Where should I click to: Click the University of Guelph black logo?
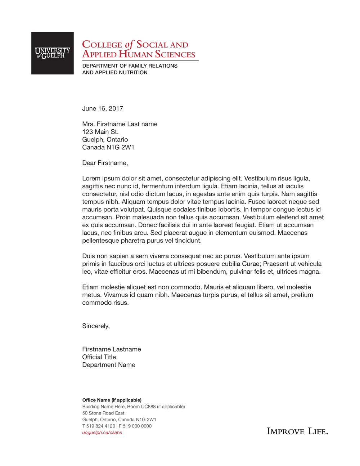pos(53,53)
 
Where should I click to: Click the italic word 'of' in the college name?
pos(129,45)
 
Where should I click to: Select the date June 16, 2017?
pos(103,108)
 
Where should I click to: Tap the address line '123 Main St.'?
pos(100,132)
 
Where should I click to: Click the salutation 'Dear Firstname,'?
pos(105,163)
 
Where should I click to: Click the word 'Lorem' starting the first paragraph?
pos(91,178)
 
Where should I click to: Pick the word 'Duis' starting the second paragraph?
pos(89,256)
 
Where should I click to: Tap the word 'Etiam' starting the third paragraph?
pos(90,287)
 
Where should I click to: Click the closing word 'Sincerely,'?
pos(96,326)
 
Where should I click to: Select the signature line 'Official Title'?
pos(99,357)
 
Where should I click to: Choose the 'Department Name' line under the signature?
pos(109,365)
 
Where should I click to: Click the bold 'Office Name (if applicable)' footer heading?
pos(112,400)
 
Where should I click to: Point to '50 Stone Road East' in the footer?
pos(103,413)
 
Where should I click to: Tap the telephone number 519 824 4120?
pos(101,426)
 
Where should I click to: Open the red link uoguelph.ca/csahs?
pos(102,433)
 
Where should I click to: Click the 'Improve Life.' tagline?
pos(297,431)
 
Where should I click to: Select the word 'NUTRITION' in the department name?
pos(130,72)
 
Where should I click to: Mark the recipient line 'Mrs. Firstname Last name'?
pos(120,124)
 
